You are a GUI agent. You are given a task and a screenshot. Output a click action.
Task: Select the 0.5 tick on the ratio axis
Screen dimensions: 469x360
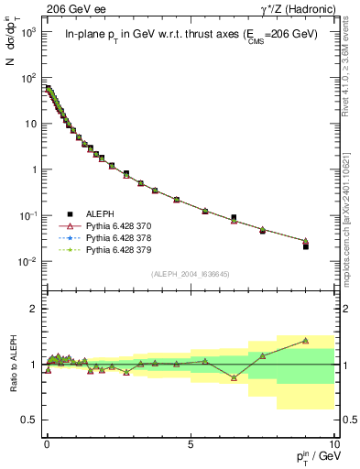29,420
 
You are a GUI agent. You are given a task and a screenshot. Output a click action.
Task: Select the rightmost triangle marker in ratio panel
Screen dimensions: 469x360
306,341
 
